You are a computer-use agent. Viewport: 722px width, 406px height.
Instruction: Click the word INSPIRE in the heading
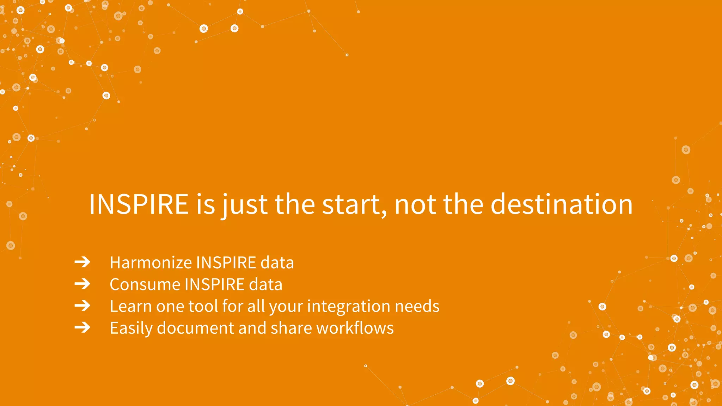click(139, 204)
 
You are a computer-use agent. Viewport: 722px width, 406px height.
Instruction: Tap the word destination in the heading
click(562, 204)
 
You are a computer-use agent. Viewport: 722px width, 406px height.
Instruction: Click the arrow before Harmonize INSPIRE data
click(82, 262)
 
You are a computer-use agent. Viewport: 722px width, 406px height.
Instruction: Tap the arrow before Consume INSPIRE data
click(82, 284)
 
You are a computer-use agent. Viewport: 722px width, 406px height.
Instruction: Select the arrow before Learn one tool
click(82, 306)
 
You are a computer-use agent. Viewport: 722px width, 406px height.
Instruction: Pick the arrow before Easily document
click(82, 328)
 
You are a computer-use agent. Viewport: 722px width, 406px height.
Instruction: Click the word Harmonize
click(151, 263)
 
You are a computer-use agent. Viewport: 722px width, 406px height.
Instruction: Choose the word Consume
click(145, 285)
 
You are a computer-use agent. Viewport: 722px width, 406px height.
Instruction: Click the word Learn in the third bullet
click(130, 306)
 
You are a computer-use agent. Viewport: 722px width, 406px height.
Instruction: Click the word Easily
click(131, 328)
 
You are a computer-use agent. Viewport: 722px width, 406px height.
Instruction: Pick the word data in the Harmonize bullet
click(277, 263)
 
